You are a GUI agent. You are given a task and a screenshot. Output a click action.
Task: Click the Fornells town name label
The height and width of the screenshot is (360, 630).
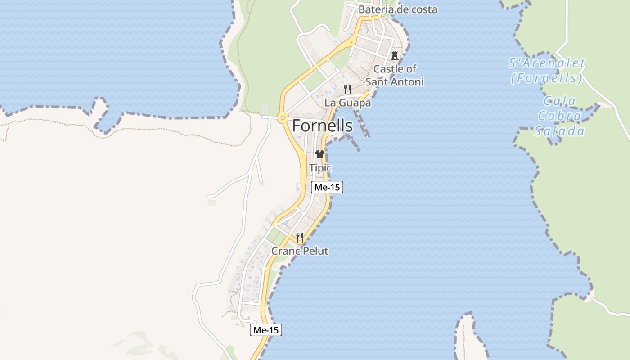(x=322, y=126)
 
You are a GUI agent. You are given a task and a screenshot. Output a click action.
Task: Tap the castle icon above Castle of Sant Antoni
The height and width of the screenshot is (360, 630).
(x=395, y=56)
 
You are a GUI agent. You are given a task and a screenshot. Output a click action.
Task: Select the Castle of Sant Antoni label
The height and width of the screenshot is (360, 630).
(x=395, y=75)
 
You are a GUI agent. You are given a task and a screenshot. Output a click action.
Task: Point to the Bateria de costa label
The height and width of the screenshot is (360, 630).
(x=398, y=9)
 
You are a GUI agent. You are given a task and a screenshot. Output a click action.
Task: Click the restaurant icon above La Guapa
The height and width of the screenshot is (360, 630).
(x=347, y=89)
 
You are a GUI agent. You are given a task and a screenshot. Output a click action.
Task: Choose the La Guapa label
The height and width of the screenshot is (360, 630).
(x=348, y=103)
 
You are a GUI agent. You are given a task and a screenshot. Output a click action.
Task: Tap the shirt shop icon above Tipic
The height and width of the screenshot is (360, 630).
(x=320, y=155)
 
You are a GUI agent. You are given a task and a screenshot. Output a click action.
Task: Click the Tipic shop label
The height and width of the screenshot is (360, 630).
(x=320, y=168)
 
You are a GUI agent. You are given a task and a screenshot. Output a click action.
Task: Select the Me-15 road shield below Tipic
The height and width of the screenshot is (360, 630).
(x=327, y=187)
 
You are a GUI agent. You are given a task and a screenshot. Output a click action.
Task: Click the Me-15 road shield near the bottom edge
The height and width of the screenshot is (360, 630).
(x=266, y=330)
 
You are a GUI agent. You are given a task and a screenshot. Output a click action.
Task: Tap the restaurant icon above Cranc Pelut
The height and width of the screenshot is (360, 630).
(x=300, y=238)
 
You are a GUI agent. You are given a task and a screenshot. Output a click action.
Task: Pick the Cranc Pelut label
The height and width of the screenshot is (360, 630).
(x=300, y=251)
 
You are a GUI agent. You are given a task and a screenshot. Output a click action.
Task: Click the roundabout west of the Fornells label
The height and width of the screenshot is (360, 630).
(x=283, y=118)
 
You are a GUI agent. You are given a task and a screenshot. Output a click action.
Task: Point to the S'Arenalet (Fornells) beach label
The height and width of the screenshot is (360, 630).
(x=547, y=71)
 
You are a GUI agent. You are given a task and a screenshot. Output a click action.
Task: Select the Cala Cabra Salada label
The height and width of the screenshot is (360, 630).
(x=559, y=116)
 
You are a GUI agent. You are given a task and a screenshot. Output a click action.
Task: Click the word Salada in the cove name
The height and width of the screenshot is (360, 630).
(x=559, y=131)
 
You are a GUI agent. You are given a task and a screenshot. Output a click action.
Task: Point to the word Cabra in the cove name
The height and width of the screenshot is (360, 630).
(x=559, y=116)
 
